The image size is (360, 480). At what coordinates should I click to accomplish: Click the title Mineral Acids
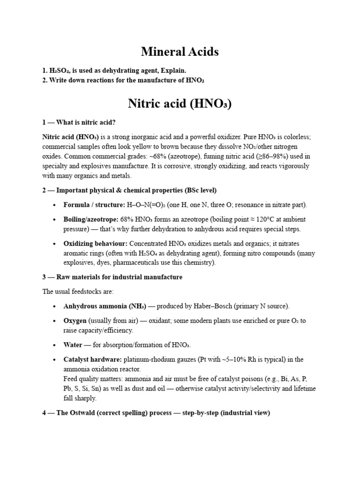pos(180,52)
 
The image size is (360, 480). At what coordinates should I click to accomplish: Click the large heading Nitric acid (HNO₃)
pos(180,103)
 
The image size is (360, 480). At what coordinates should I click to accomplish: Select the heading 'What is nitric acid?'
pos(86,122)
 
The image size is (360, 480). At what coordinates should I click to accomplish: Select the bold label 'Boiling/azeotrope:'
pos(91,219)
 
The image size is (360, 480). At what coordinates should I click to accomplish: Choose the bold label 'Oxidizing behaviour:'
pos(96,244)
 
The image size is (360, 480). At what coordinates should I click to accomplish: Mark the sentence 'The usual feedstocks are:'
pos(78,292)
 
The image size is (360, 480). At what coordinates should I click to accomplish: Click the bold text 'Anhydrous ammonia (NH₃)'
pos(105,306)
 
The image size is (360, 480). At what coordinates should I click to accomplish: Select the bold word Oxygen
pos(75,321)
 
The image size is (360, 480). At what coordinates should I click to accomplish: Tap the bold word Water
pos(73,345)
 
